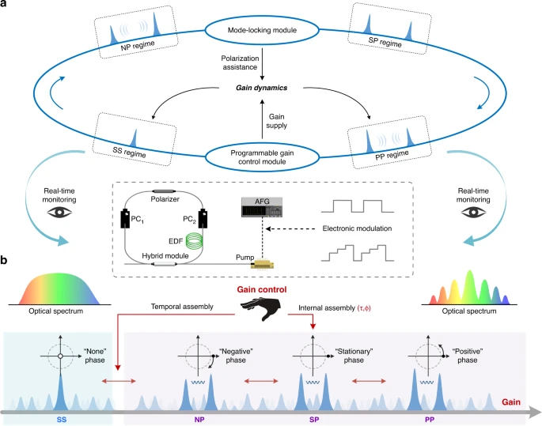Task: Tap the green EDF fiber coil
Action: (208, 239)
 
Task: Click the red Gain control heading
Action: (271, 290)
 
